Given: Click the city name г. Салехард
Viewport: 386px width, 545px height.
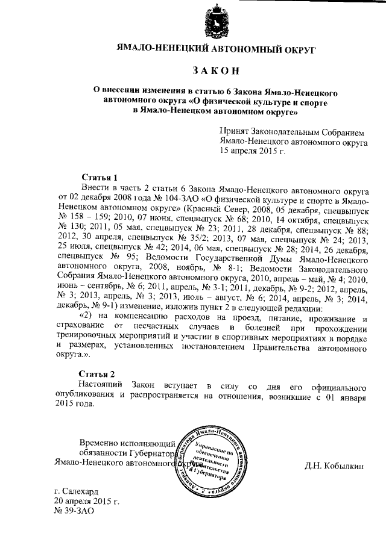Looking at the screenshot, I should tap(77, 491).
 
